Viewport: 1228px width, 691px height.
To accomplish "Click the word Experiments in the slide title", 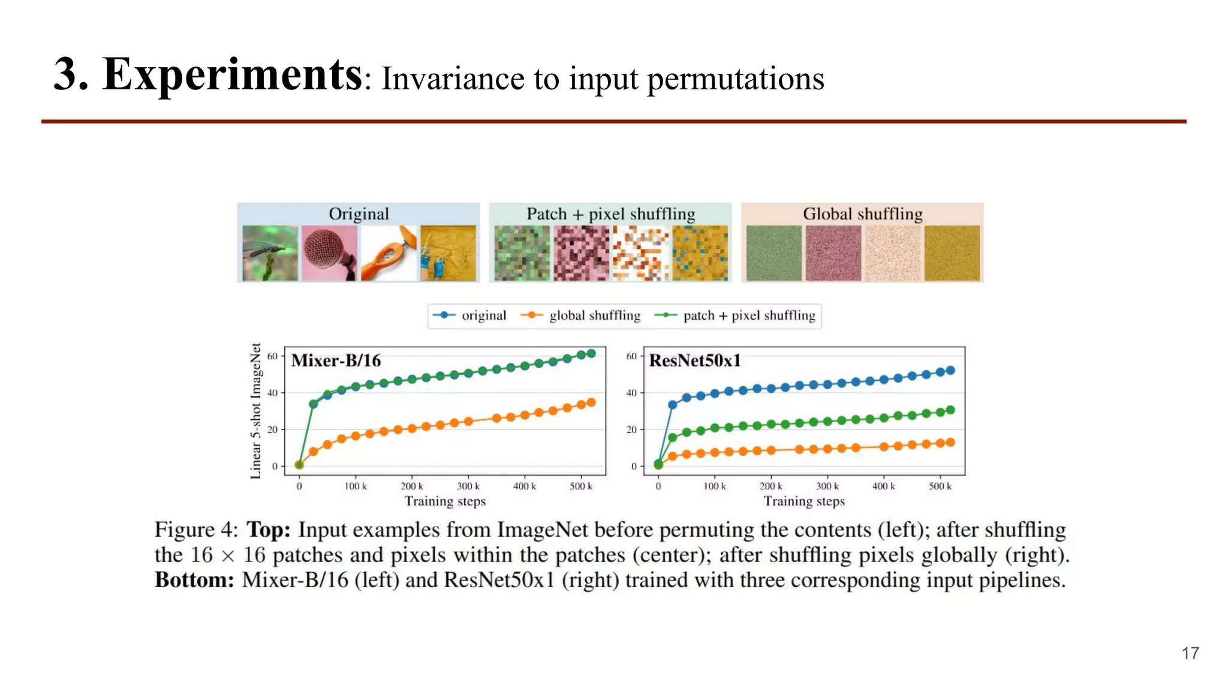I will point(231,74).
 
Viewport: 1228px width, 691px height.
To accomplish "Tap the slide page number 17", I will point(1190,653).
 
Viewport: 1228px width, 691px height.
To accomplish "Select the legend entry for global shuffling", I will point(594,316).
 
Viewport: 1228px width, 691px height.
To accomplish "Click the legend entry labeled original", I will point(483,316).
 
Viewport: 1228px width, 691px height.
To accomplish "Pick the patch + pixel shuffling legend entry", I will point(748,316).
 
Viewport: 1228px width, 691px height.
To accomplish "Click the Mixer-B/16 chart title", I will point(336,360).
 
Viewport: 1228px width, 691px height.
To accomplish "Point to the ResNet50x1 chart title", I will point(694,360).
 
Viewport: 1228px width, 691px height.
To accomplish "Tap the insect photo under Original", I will point(270,253).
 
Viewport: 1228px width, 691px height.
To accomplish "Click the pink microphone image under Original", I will point(329,253).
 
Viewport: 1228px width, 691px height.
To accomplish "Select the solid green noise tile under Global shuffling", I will point(773,253).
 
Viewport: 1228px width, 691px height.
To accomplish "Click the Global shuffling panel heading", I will point(862,214).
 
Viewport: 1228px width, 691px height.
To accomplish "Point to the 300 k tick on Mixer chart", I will point(468,486).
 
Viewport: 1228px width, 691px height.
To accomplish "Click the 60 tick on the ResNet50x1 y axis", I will point(631,356).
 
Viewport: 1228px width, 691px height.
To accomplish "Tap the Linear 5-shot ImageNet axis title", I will point(256,411).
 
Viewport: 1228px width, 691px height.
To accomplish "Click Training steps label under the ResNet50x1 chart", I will point(803,501).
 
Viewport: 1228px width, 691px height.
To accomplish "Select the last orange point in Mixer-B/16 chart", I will point(591,402).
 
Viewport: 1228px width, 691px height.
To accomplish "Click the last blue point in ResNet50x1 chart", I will point(950,371).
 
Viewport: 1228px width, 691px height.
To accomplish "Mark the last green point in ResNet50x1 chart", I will point(950,410).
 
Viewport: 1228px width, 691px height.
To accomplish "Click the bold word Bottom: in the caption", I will point(194,580).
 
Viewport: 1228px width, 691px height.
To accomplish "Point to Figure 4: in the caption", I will point(196,530).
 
